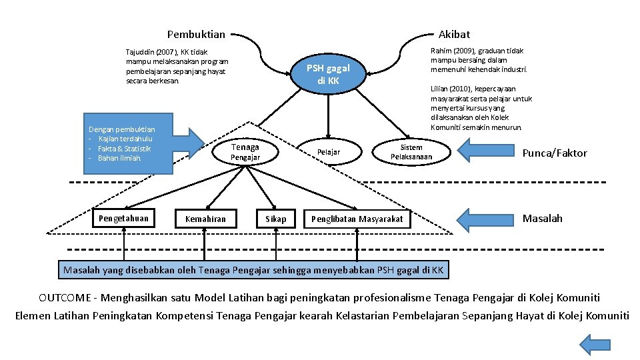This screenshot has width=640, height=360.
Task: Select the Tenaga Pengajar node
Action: point(245,152)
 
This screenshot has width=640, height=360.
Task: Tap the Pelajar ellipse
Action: point(328,153)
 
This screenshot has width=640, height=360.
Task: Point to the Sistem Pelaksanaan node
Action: point(411,152)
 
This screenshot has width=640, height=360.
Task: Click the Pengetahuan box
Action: point(123,218)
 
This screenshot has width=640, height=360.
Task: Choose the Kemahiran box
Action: point(205,219)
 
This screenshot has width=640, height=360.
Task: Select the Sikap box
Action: point(275,219)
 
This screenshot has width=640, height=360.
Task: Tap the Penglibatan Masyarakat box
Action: point(357,219)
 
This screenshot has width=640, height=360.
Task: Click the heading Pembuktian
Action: point(196,34)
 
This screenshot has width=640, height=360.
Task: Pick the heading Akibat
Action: point(453,34)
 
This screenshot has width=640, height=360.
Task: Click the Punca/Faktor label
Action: point(555,153)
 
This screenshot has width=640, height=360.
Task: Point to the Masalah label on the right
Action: point(542,219)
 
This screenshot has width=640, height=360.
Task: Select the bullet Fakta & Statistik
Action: point(124,149)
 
